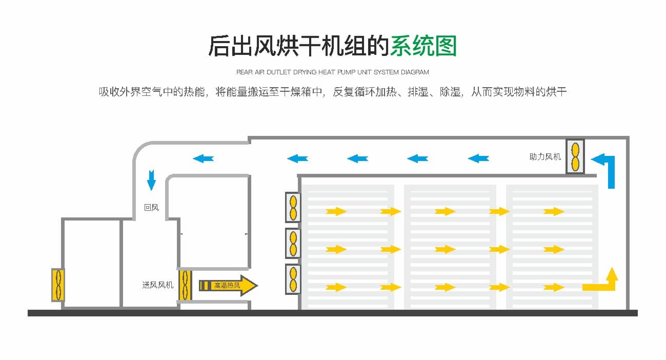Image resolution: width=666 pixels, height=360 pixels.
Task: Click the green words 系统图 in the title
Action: coord(423,46)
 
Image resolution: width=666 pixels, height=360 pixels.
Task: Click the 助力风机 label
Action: coord(545,157)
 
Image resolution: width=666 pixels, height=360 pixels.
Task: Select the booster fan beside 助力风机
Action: coord(575,156)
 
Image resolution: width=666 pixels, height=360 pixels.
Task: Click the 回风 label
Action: coord(151,208)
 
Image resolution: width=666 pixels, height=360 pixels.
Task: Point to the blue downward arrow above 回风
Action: coord(151,180)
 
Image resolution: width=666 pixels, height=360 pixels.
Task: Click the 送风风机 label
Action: coord(158,285)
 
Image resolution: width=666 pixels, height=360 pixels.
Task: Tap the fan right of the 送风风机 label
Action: coord(185,285)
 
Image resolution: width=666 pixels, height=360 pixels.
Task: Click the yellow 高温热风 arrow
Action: coord(228,286)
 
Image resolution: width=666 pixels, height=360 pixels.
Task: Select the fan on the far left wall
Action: coord(57,285)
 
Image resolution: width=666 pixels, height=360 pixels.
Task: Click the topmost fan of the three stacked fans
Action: coord(293,207)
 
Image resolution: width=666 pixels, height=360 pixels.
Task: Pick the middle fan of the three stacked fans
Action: coord(293,244)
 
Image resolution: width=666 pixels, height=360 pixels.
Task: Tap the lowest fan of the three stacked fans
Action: coord(293,279)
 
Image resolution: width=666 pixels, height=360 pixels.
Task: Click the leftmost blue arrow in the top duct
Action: coord(203,158)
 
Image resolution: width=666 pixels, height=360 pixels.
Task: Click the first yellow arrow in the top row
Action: coord(336,211)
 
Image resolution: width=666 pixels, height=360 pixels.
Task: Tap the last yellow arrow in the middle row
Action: coord(554,250)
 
